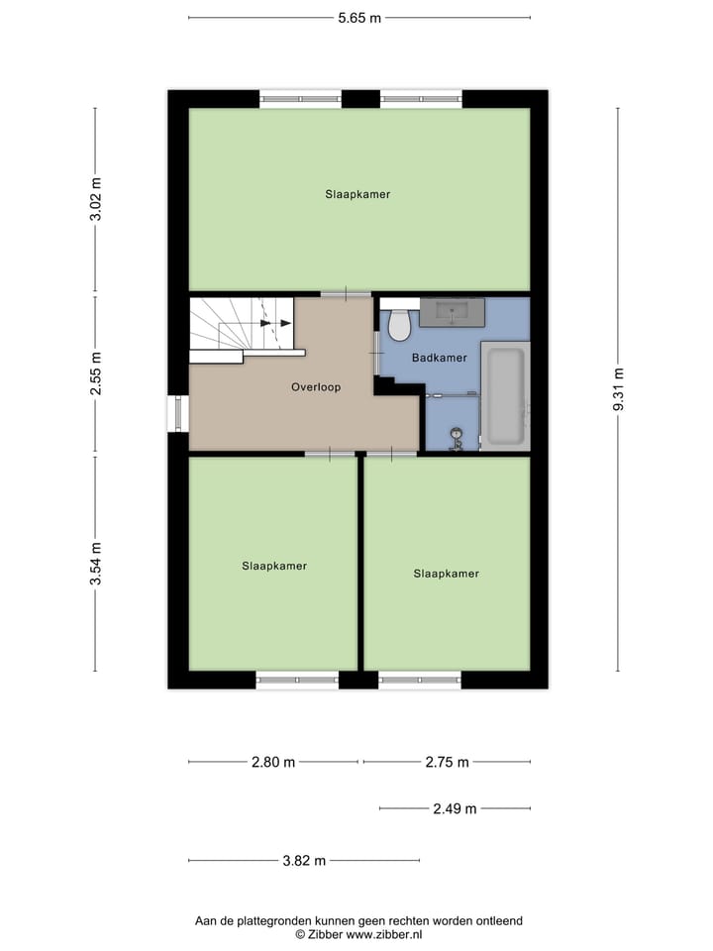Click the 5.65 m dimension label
tap(359, 18)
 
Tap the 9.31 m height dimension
tap(618, 389)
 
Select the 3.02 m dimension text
tap(96, 202)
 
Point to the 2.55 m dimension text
tap(96, 376)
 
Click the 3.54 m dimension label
tap(96, 563)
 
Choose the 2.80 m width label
tap(273, 762)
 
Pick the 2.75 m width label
tap(447, 762)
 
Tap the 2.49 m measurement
tap(455, 808)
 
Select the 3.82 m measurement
tap(304, 861)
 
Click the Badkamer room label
tap(439, 359)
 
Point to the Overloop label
tap(316, 387)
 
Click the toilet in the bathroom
tap(400, 324)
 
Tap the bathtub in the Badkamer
tap(505, 396)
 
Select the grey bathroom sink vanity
tap(452, 312)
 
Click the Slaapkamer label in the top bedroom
tap(357, 195)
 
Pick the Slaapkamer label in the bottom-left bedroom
tap(274, 567)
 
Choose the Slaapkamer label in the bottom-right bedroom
tap(446, 574)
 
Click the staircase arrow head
tap(284, 323)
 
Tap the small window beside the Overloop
tap(178, 413)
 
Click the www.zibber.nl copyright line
tap(358, 934)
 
